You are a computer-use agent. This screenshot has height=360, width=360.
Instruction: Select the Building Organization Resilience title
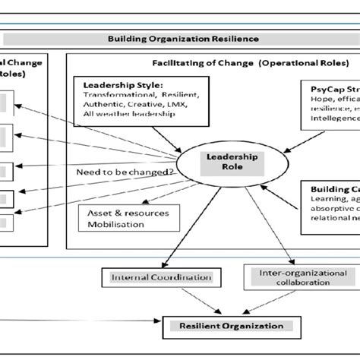tap(182, 38)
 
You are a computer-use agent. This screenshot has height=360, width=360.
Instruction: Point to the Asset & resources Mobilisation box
tap(125, 219)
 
